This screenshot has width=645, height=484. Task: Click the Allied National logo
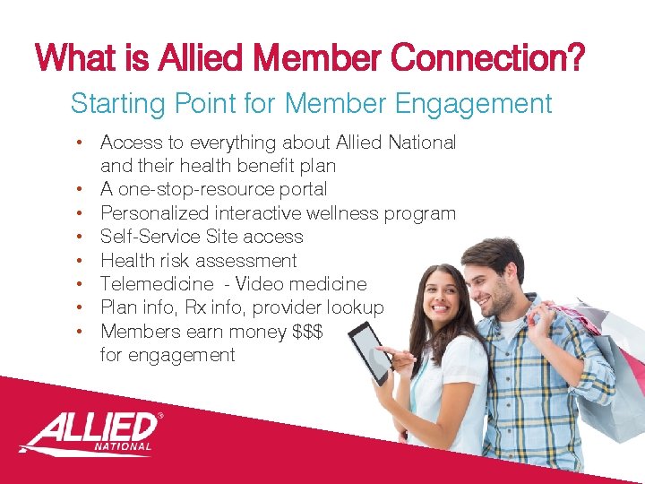coord(90,432)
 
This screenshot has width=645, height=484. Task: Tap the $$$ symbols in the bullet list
coord(308,332)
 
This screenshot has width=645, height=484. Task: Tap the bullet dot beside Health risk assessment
coord(80,261)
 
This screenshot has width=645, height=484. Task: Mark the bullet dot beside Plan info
coord(80,308)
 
